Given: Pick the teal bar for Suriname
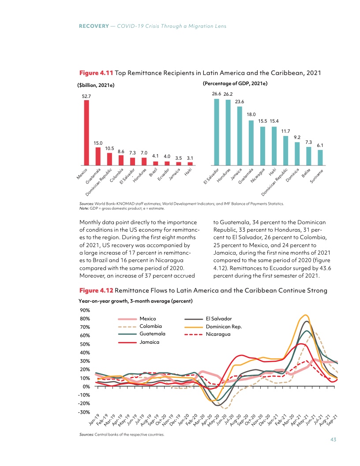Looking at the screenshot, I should coord(320,157).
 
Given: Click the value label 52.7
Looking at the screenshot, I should coord(86,96).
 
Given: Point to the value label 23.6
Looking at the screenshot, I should coord(240,101).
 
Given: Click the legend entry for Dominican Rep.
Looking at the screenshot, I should coord(224,326).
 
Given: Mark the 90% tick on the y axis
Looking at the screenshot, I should coord(85,310).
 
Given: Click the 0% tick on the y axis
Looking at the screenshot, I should coord(86,387).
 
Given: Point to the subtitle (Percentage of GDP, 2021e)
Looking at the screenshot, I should coord(235,83).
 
